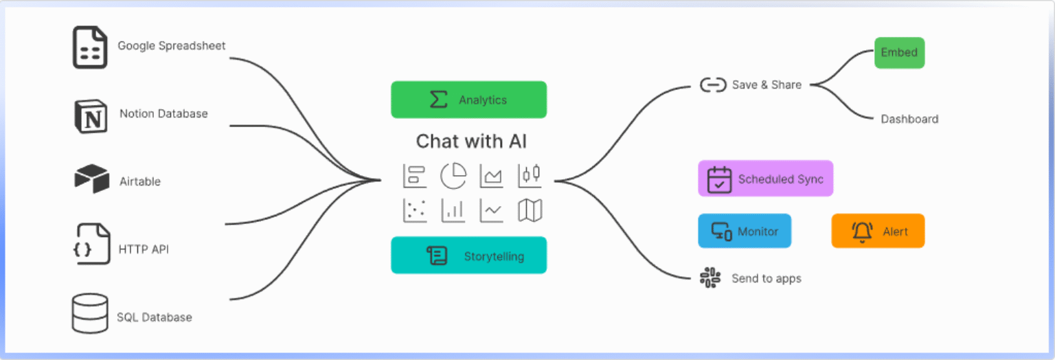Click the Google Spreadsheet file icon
coord(90,47)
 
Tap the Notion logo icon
coord(91,115)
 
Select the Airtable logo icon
coord(92,179)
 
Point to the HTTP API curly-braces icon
coord(92,243)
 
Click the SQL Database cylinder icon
coord(90,313)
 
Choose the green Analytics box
coord(468,100)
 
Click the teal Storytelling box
coord(468,256)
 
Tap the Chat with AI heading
coord(471,142)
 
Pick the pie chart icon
coord(453,176)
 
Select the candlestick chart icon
coord(530,175)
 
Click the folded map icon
coord(530,210)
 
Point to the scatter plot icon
coord(415,210)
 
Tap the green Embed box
coord(899,53)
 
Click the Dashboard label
coord(909,119)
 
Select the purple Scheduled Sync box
coord(765,179)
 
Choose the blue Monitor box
coord(745,231)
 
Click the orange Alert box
coord(878,231)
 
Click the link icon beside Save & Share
coord(713,85)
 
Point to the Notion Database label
coord(163,113)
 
